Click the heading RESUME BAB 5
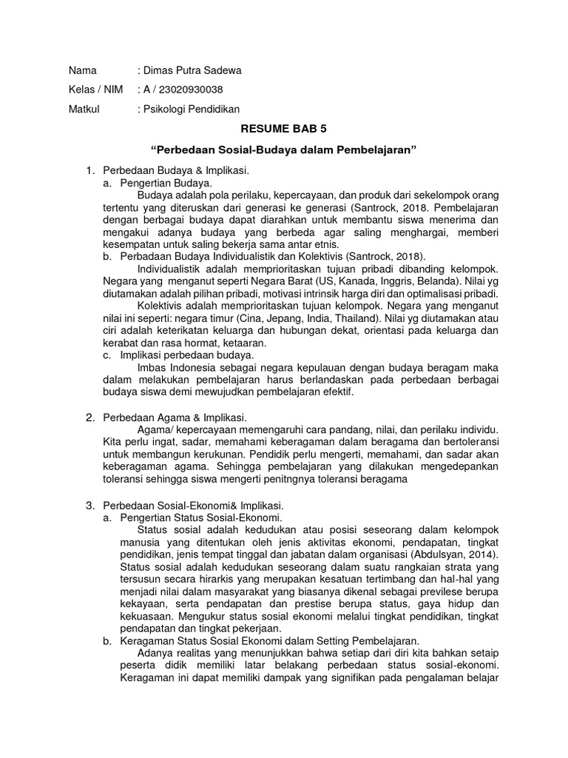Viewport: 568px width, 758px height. click(285, 128)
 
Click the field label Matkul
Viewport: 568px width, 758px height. click(83, 109)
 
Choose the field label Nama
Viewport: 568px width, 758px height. click(82, 71)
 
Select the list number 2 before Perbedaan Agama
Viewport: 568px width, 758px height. click(89, 418)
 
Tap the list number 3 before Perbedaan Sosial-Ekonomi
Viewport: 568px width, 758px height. click(89, 505)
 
